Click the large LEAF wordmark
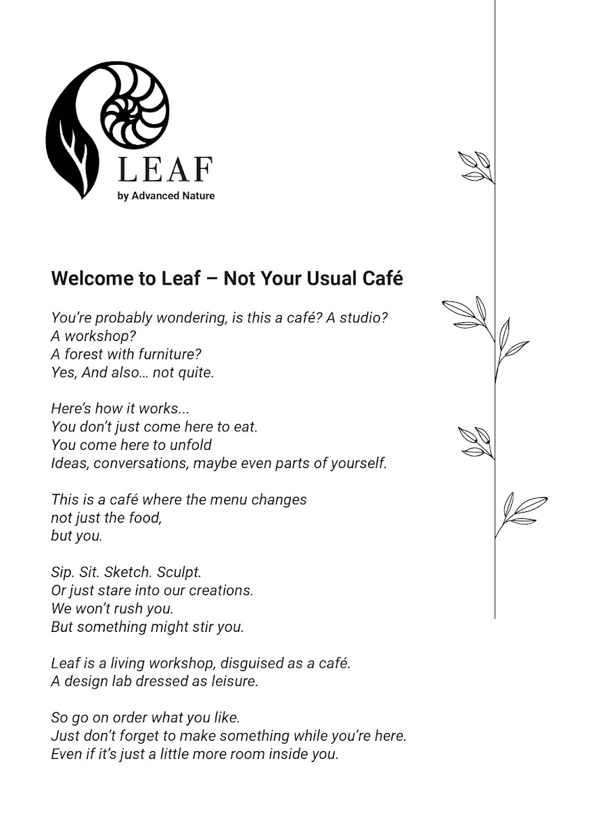click(x=165, y=169)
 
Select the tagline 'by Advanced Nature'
click(x=166, y=196)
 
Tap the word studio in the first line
click(x=362, y=318)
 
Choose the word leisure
click(x=234, y=681)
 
